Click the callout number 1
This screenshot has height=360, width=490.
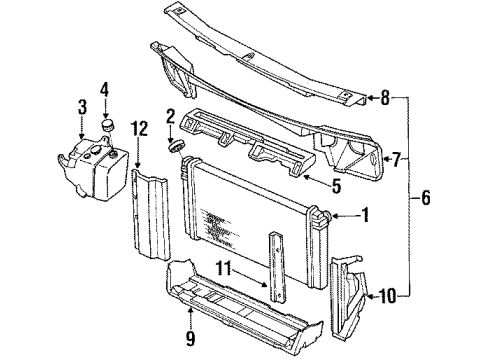[x=365, y=213]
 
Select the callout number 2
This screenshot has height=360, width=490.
[x=171, y=116]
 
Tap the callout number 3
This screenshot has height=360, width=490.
[x=83, y=107]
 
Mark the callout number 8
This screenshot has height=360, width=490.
[x=384, y=97]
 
